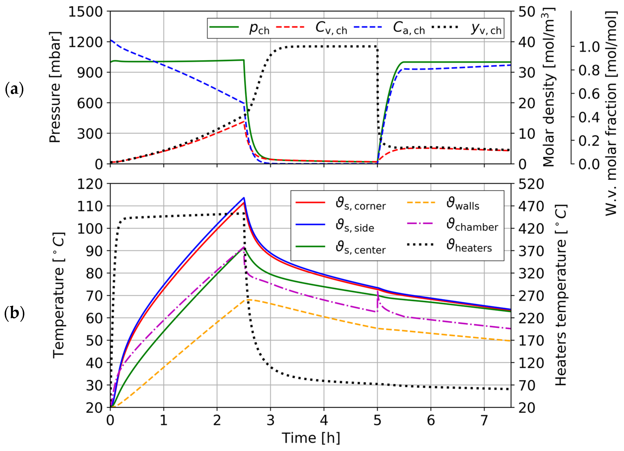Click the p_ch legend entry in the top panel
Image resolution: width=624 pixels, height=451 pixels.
(259, 28)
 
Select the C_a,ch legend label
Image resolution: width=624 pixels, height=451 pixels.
(408, 28)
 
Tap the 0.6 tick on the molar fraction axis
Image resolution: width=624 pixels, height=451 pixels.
(589, 94)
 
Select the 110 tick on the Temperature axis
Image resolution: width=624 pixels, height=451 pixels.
(90, 206)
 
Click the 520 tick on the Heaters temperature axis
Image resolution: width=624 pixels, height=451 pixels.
(531, 184)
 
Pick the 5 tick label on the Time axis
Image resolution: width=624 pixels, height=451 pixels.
(377, 420)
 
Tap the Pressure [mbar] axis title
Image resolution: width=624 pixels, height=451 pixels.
(55, 88)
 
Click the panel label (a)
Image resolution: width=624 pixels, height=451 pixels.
(14, 89)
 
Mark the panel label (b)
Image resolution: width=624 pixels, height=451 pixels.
(14, 313)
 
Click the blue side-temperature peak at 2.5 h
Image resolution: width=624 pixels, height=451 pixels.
(244, 198)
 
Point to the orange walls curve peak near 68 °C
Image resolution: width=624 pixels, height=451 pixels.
(249, 299)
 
